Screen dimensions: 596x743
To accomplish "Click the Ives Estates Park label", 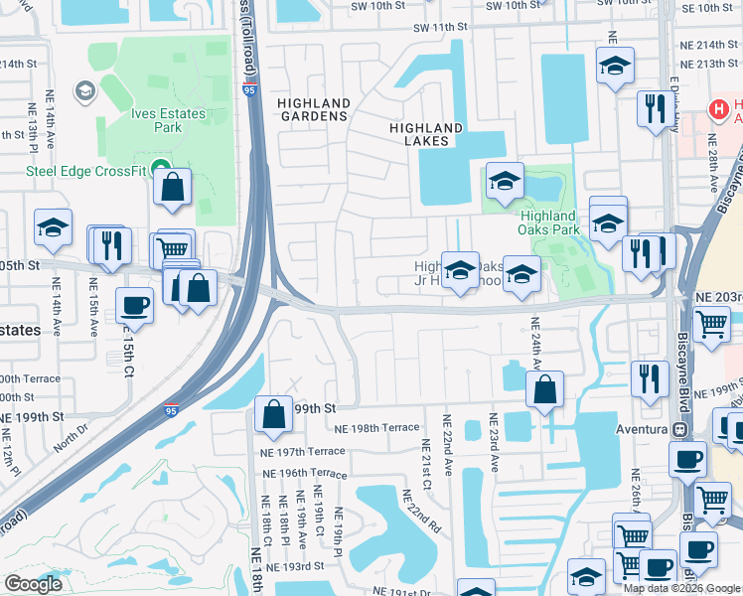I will [169, 120].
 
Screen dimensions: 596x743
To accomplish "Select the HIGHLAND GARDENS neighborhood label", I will [313, 109].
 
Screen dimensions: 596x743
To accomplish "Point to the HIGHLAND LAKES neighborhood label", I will [425, 135].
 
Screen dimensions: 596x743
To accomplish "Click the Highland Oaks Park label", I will [547, 222].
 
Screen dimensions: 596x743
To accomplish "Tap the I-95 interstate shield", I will [172, 408].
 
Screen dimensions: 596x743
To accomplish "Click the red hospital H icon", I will [715, 108].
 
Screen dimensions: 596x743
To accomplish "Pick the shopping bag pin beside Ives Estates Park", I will [173, 186].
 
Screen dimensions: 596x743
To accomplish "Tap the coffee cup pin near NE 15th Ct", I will [134, 305].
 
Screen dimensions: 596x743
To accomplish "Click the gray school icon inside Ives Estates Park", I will [86, 91].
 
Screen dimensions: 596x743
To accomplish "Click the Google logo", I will [33, 584].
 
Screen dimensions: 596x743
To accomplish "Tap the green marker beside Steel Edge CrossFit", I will [157, 171].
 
